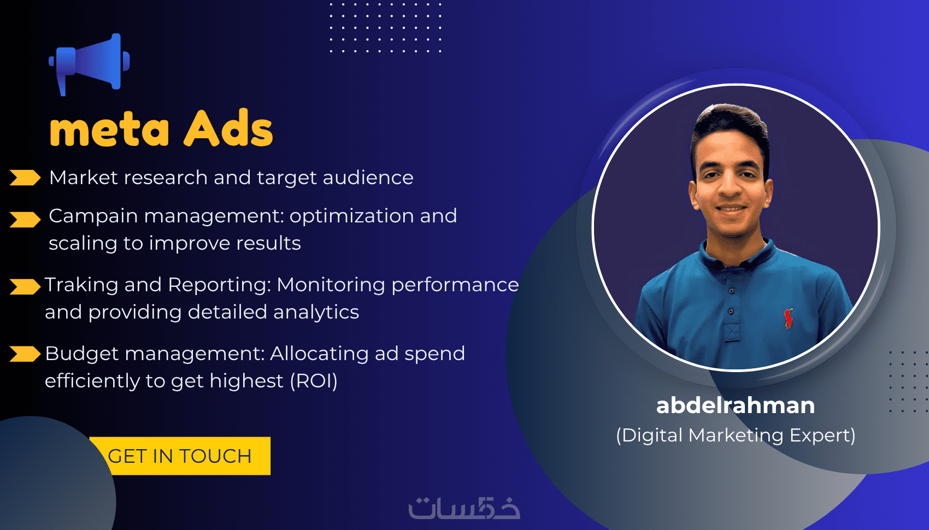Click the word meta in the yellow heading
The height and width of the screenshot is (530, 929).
[x=109, y=130]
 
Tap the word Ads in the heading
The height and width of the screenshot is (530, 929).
[x=228, y=128]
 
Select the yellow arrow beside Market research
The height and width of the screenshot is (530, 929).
[x=25, y=178]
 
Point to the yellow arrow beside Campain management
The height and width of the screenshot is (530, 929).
[x=25, y=220]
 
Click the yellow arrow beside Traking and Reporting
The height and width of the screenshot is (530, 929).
[x=25, y=286]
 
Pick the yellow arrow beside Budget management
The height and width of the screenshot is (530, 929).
[x=25, y=354]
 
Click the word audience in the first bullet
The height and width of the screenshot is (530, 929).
[x=368, y=178]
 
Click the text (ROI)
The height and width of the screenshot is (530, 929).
[x=314, y=381]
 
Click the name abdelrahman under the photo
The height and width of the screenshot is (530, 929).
[x=736, y=405]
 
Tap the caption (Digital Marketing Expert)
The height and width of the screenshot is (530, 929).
[x=736, y=435]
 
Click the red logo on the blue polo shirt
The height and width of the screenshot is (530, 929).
[x=787, y=319]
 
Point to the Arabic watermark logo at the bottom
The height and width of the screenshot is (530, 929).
[x=464, y=508]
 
